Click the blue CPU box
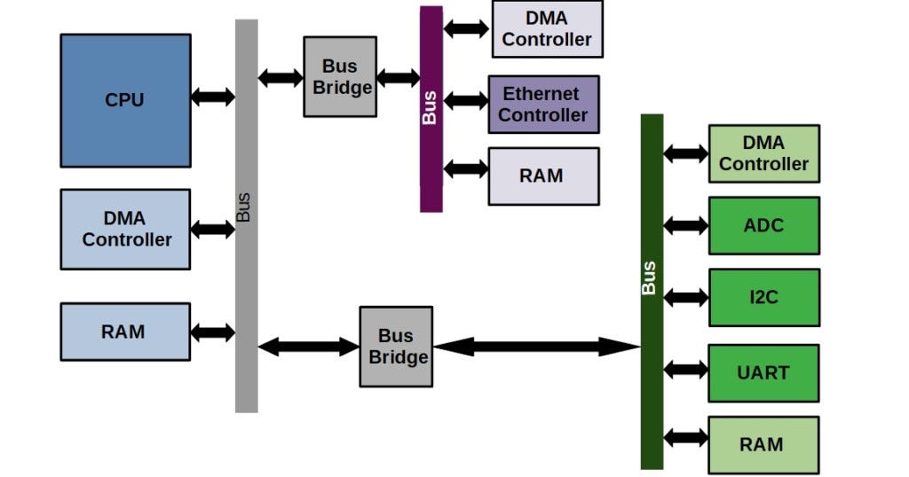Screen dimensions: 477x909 (x=125, y=100)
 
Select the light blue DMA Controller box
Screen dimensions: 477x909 (x=125, y=229)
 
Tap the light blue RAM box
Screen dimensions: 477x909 (x=125, y=332)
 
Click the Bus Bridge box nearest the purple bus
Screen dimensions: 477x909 (x=340, y=77)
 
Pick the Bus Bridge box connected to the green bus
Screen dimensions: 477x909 (x=396, y=347)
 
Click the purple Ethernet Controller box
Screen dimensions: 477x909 (x=543, y=105)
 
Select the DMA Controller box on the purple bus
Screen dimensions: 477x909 (x=547, y=29)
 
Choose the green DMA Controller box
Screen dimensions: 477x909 (x=763, y=153)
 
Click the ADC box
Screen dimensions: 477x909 (x=763, y=225)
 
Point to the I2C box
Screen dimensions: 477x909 (x=763, y=297)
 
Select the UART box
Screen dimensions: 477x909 (x=763, y=372)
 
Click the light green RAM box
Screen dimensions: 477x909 (x=763, y=444)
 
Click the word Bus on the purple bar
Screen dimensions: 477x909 (x=431, y=106)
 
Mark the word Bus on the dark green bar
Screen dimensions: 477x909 (x=651, y=278)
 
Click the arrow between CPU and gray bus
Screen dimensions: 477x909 (x=213, y=97)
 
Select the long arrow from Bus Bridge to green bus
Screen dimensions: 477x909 (x=536, y=347)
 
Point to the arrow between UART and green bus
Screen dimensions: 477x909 (x=685, y=368)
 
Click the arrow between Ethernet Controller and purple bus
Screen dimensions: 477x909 (x=466, y=100)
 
